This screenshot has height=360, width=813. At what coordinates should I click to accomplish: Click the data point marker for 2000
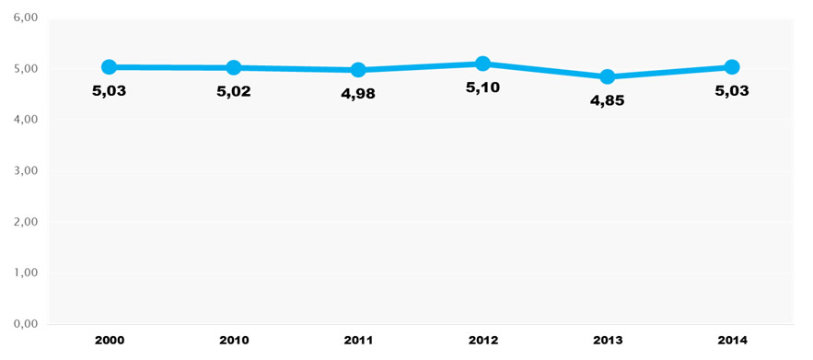tap(109, 66)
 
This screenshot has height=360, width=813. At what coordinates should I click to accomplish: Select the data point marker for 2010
tap(234, 67)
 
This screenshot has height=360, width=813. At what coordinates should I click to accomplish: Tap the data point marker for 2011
tap(358, 69)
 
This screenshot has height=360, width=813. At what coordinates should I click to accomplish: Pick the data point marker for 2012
tap(482, 64)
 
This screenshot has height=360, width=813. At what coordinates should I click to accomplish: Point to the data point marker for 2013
tap(607, 76)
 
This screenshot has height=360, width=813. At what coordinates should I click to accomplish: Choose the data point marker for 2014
tap(732, 66)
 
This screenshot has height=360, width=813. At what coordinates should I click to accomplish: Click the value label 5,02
tap(234, 91)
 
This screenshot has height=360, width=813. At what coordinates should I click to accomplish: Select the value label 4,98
tap(358, 94)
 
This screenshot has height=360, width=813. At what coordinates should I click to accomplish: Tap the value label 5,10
tap(482, 88)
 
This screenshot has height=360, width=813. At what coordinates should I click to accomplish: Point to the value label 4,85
tap(607, 101)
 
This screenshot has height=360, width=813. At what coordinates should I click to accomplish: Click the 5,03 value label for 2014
tap(732, 91)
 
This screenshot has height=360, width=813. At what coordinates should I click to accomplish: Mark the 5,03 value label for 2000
tap(109, 91)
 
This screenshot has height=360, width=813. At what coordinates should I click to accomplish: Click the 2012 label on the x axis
tap(482, 341)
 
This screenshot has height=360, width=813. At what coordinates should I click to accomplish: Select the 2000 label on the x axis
tap(109, 341)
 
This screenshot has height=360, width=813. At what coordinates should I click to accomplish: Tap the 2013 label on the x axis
tap(607, 341)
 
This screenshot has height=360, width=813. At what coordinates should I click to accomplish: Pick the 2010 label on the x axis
tap(234, 341)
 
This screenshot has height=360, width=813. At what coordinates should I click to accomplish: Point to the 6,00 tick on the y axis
tap(26, 17)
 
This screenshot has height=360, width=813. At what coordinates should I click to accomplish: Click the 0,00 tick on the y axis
tap(26, 324)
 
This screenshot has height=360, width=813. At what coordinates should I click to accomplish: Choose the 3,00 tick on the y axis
tap(26, 171)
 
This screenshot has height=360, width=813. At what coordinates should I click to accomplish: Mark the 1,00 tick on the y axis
tap(26, 273)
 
